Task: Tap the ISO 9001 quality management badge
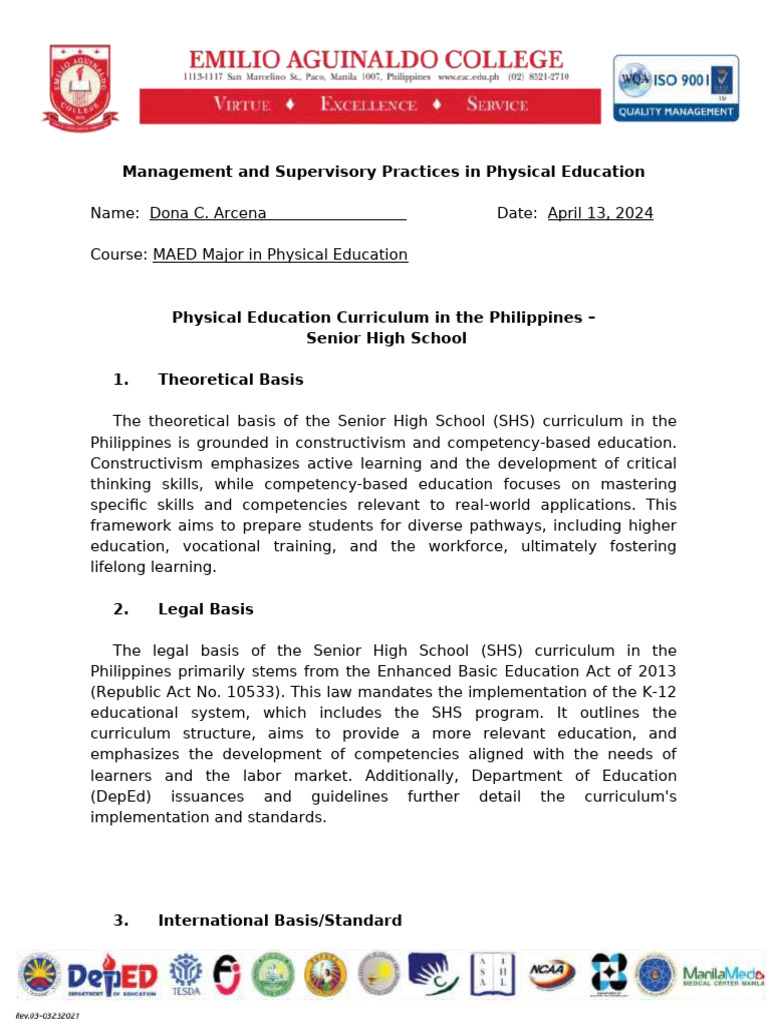pos(676,87)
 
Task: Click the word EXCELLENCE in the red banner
pos(368,105)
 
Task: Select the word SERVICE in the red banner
pos(497,105)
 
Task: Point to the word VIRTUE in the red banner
pos(241,105)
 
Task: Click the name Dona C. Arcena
pos(207,213)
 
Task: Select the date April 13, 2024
pos(600,213)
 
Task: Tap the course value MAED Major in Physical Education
pos(280,255)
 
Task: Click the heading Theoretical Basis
pos(230,380)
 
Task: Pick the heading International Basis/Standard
pos(280,920)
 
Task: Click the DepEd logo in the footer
pos(112,975)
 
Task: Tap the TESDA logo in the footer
pos(185,974)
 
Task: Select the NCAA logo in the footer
pos(551,973)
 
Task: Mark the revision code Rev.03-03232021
pos(47,1016)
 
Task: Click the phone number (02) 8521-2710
pos(538,77)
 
